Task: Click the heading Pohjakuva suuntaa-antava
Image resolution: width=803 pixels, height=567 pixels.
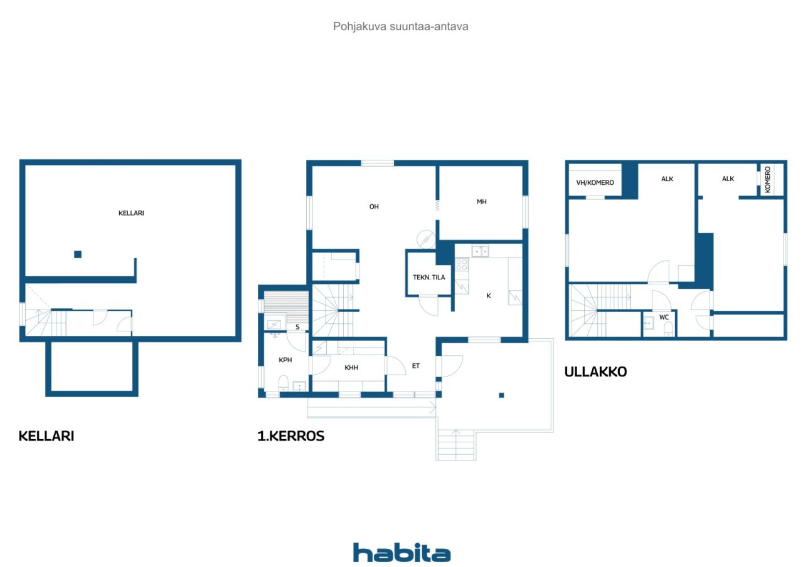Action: click(400, 26)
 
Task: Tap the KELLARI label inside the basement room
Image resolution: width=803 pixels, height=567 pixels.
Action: click(131, 213)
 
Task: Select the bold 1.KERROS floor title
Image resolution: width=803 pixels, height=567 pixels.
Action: click(290, 436)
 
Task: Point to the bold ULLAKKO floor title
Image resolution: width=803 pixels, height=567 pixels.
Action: click(595, 372)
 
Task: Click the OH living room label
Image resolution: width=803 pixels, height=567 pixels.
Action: click(374, 207)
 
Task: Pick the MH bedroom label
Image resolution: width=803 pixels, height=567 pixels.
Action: click(481, 202)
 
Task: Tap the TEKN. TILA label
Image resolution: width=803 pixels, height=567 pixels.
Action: click(428, 277)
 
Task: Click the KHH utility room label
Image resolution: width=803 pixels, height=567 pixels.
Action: click(351, 367)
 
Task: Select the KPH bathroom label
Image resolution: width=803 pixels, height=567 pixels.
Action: click(285, 360)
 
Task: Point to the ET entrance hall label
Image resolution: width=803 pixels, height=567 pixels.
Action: click(415, 365)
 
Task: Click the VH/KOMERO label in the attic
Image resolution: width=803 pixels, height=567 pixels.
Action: click(595, 182)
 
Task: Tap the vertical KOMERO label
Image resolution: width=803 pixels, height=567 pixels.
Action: click(767, 180)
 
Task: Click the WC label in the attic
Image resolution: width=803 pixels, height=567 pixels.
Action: click(664, 317)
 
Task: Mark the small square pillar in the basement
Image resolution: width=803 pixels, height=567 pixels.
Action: click(78, 254)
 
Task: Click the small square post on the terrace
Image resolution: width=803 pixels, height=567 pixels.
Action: click(501, 395)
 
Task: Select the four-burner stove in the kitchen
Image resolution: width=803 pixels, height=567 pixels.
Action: click(462, 264)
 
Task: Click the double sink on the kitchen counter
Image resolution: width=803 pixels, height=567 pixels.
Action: click(480, 251)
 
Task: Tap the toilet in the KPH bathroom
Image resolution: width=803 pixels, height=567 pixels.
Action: click(284, 383)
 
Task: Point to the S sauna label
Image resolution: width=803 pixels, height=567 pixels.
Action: click(297, 327)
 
